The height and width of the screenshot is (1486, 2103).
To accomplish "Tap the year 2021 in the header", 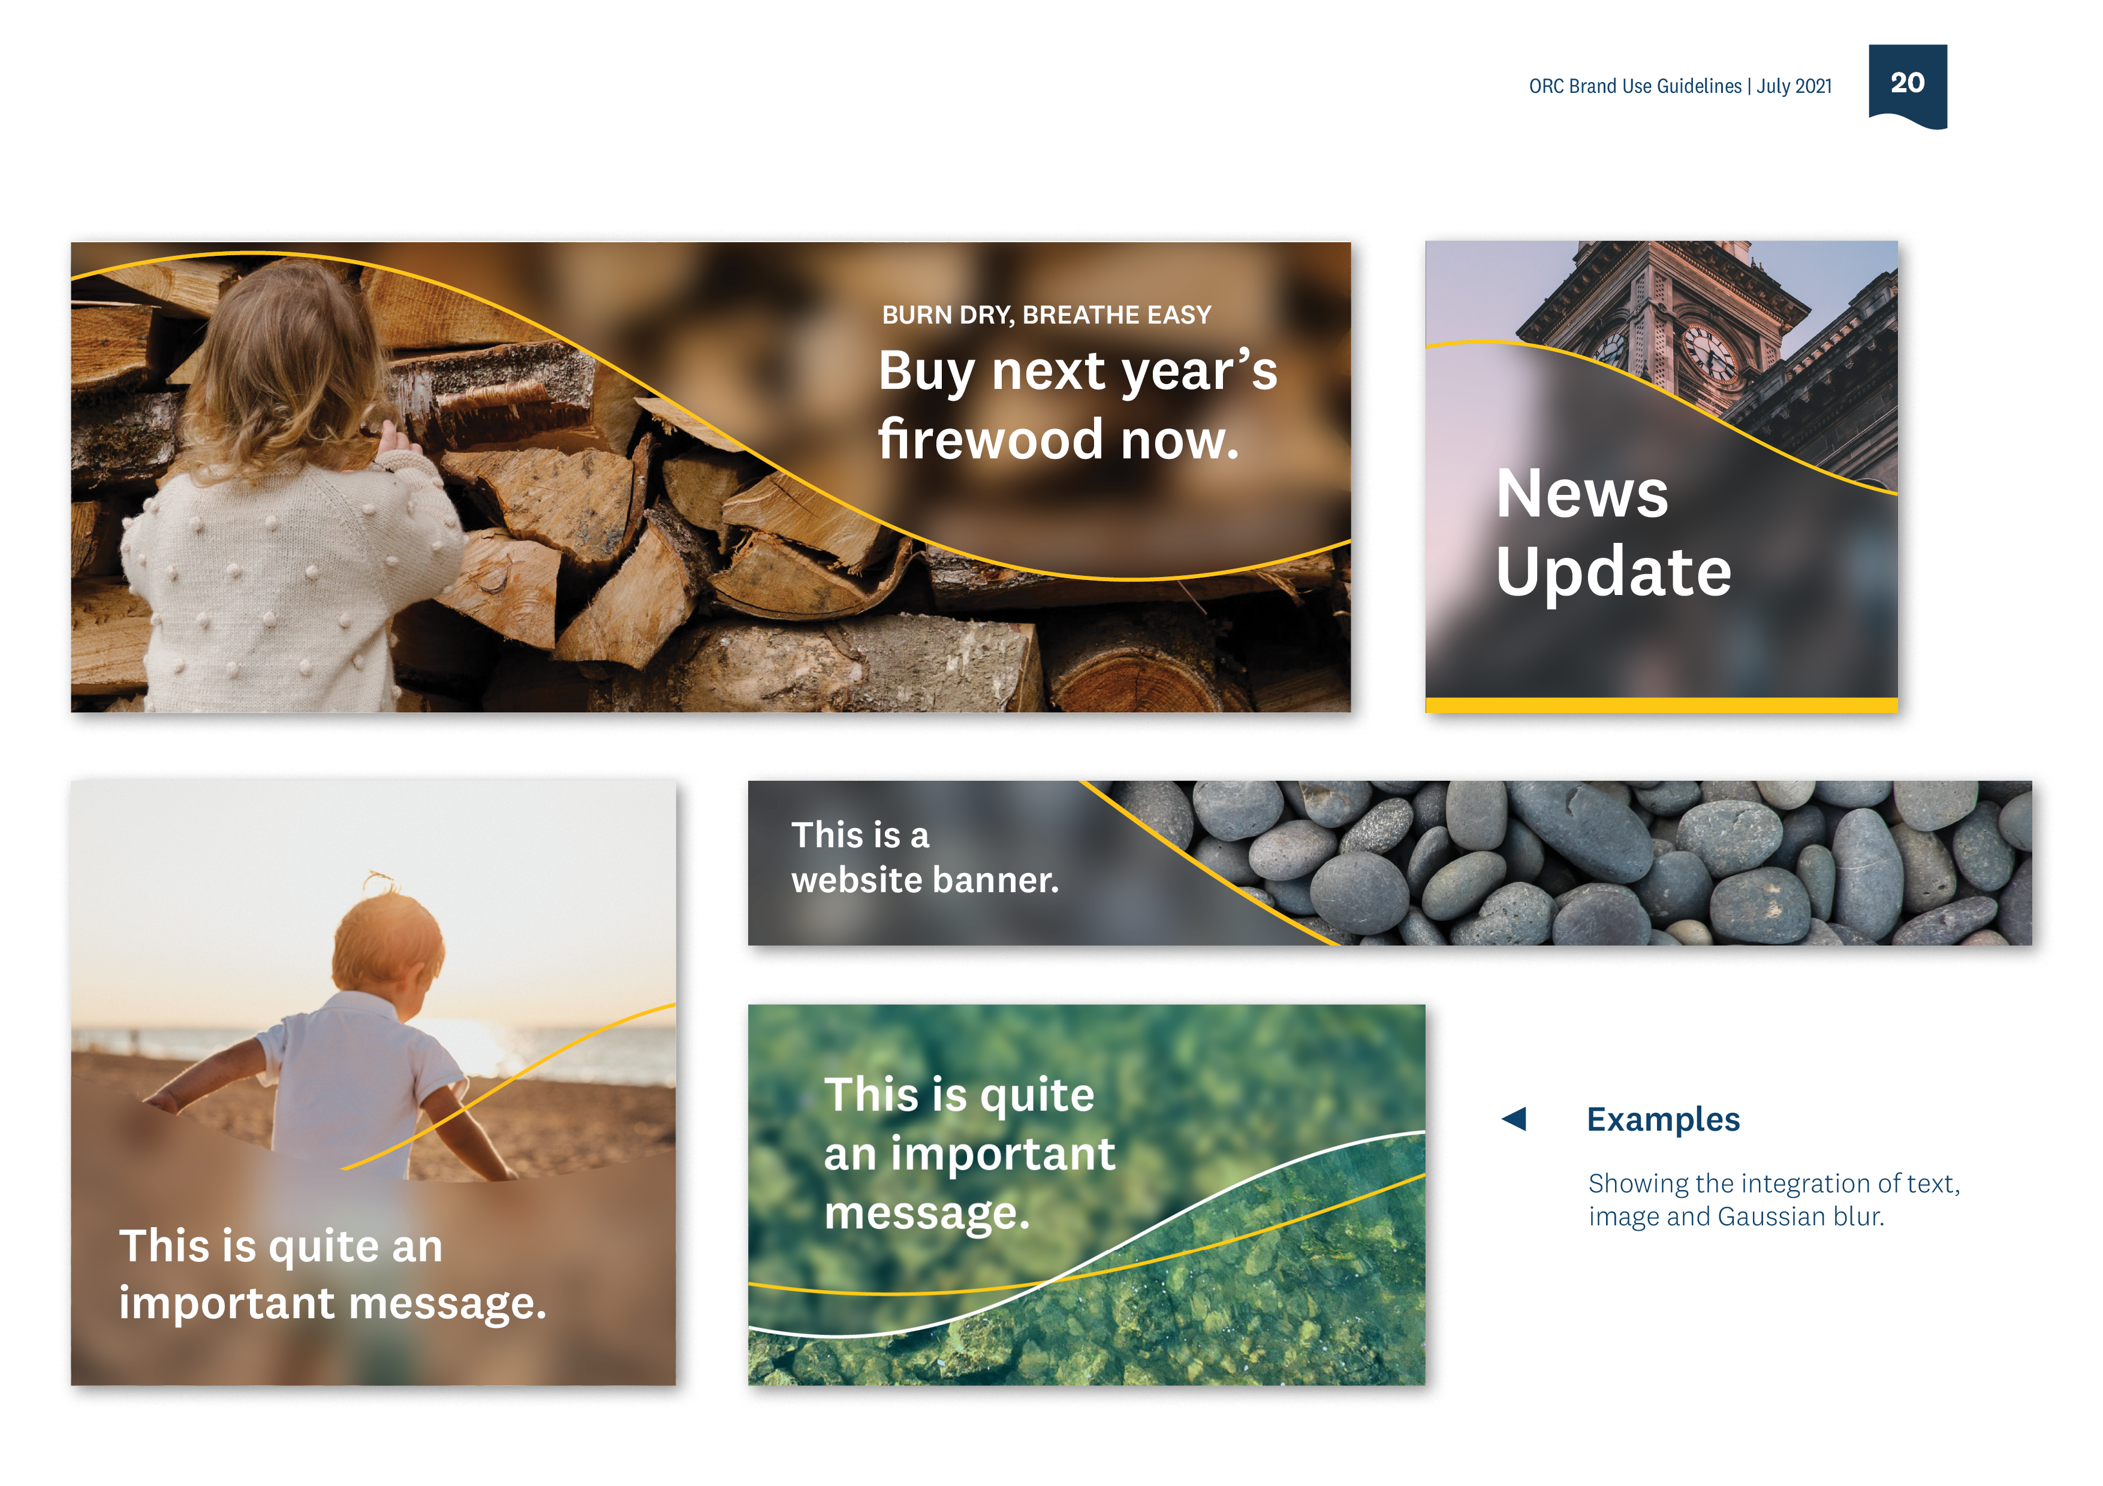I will tap(1813, 86).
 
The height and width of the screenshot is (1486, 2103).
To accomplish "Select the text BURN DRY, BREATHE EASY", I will tap(1046, 315).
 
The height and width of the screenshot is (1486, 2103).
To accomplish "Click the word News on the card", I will tap(1582, 494).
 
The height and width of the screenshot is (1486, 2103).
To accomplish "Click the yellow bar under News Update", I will tap(1661, 705).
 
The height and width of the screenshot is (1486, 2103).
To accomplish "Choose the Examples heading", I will tap(1662, 1119).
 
